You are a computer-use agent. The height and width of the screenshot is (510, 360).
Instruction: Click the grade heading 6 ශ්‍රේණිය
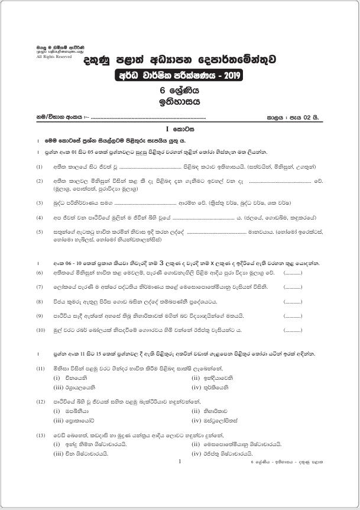(x=180, y=91)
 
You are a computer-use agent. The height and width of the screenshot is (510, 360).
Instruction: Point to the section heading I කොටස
(x=180, y=128)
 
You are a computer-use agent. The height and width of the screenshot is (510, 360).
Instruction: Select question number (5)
(x=40, y=233)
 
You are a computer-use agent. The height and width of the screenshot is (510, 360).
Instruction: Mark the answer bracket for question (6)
(x=293, y=273)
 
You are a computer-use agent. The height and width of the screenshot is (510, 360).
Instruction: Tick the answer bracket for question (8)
(x=293, y=301)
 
